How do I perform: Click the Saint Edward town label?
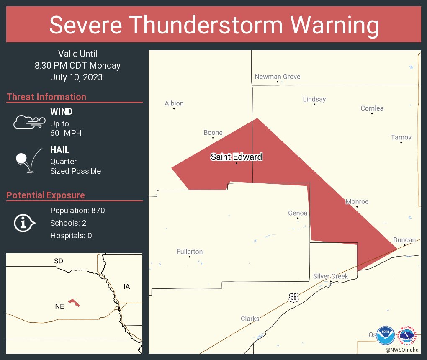(x=236, y=157)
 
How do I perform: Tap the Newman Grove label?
(x=278, y=77)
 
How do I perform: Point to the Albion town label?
(x=174, y=103)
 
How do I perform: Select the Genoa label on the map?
(x=298, y=213)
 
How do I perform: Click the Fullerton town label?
(x=190, y=252)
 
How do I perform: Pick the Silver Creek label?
(x=331, y=276)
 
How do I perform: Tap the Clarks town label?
(x=250, y=319)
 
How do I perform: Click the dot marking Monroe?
(x=357, y=207)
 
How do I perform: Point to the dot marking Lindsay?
(x=314, y=104)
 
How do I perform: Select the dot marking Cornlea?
(x=372, y=113)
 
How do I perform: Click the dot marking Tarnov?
(x=401, y=143)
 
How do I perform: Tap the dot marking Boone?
(x=213, y=138)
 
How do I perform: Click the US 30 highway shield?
(x=293, y=297)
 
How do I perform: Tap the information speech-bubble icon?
(x=24, y=223)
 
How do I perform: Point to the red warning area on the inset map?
(x=74, y=303)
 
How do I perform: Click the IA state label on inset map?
(x=127, y=287)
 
